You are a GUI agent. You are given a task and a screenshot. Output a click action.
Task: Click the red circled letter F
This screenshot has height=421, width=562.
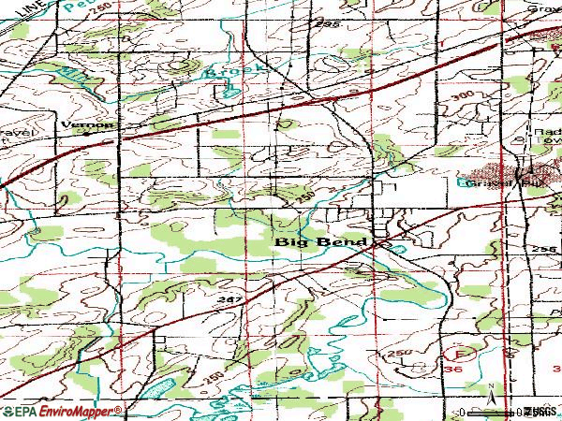coord(459,355)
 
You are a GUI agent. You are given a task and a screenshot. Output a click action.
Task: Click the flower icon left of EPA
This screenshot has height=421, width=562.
coord(7,411)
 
